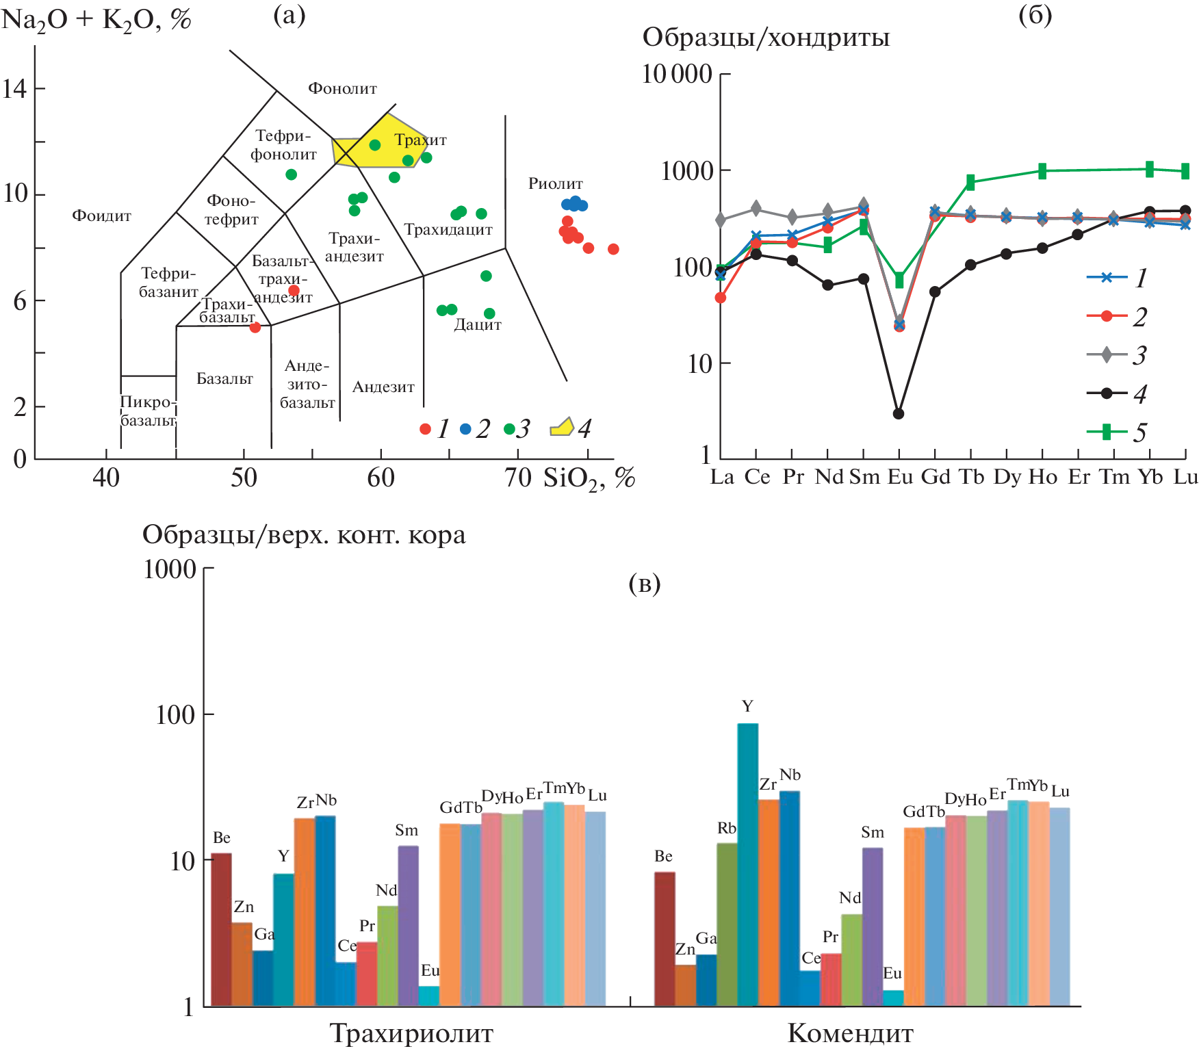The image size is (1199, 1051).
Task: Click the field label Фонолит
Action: click(342, 88)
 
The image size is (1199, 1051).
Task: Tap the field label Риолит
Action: click(555, 183)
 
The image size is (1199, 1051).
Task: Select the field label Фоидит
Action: click(101, 216)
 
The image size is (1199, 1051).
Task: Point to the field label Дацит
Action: click(477, 325)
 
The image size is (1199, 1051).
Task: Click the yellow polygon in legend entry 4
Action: click(562, 428)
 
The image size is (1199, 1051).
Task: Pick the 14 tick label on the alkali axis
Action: click(15, 88)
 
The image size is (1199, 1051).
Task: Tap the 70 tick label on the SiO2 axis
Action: click(517, 478)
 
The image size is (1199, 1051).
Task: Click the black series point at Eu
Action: click(899, 414)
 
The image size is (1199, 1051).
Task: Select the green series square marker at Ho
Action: click(1042, 171)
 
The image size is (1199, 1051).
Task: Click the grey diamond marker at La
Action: click(721, 220)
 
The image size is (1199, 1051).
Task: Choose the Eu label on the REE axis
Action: click(899, 477)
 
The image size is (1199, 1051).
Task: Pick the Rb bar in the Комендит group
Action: click(727, 924)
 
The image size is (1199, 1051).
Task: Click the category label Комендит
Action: click(850, 1033)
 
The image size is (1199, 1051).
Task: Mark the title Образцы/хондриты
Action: click(766, 38)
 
